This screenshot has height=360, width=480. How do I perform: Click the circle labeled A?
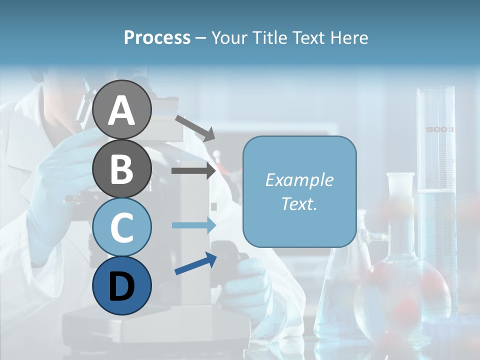tap(121, 109)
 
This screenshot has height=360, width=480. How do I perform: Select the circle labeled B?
tap(121, 168)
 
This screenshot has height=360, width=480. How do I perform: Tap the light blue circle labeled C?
tap(121, 227)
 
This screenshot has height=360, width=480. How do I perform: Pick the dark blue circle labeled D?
tap(121, 285)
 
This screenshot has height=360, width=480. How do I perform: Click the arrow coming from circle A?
tap(195, 128)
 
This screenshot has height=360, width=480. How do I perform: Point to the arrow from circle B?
tap(193, 171)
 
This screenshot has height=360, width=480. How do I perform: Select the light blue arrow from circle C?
tap(193, 225)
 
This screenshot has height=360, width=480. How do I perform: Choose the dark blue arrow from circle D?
tap(195, 264)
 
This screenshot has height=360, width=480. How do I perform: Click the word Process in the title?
tap(157, 38)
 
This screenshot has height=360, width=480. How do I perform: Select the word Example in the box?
tap(299, 180)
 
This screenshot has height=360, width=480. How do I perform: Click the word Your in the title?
tap(228, 38)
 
